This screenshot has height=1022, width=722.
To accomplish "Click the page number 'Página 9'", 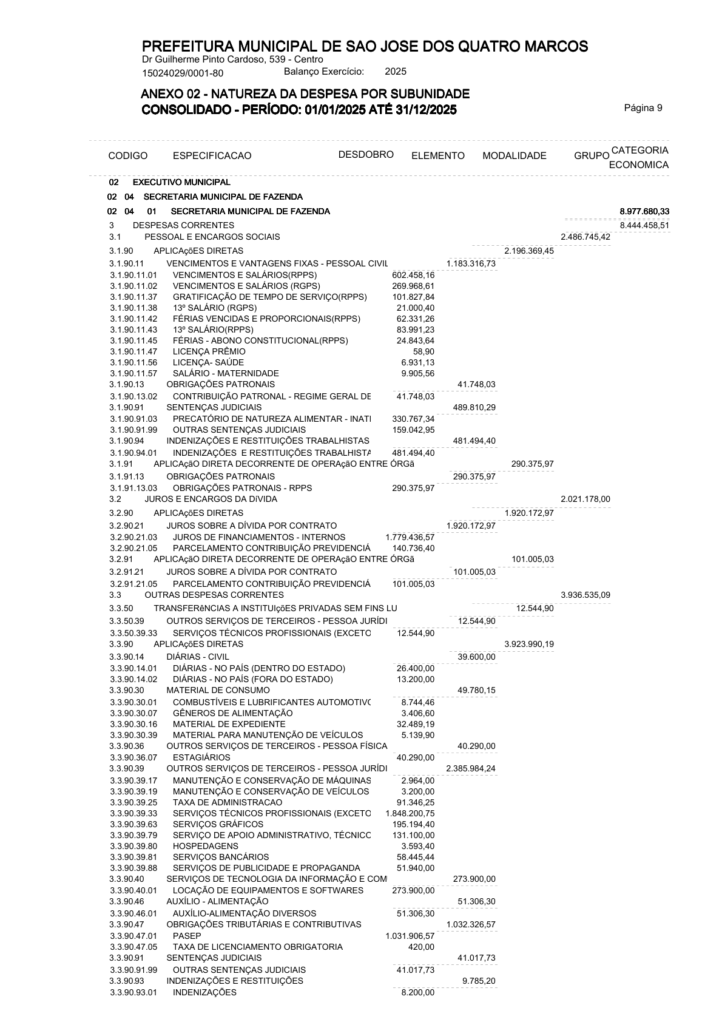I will (643, 108).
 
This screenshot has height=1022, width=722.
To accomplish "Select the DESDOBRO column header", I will (366, 154).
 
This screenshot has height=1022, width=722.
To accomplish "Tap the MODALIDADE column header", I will (514, 156).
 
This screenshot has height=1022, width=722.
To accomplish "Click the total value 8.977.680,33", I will (644, 211).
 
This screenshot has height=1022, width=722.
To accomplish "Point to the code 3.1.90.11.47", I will (133, 351).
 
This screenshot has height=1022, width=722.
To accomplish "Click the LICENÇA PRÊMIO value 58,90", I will (423, 351).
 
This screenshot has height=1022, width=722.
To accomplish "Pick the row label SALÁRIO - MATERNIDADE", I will (226, 373).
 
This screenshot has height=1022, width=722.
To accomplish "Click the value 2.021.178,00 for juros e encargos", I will (585, 499).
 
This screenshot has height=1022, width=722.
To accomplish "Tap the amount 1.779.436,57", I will (410, 537).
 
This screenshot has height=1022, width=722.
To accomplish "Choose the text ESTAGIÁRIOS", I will (201, 757).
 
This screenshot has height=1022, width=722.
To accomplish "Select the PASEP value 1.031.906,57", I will (410, 936).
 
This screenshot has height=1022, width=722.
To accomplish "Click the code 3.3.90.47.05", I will (133, 947).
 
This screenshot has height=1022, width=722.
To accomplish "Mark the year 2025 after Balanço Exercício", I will (396, 72).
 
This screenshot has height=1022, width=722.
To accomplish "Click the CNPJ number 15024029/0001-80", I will (183, 73).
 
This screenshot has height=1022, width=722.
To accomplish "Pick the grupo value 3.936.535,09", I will (585, 595).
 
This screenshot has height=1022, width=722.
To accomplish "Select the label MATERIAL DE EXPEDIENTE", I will (229, 724).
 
